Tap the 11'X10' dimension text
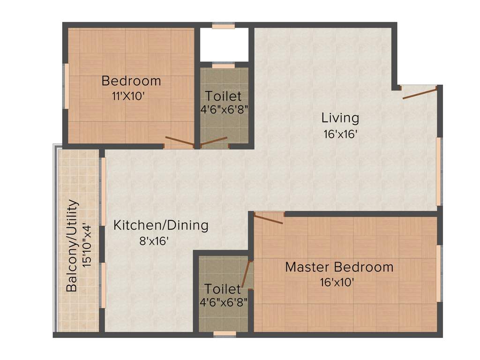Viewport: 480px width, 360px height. click(x=128, y=96)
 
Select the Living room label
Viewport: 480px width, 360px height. click(x=340, y=118)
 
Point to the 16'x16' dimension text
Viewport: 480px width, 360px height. click(x=340, y=134)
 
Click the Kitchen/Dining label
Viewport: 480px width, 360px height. click(x=161, y=225)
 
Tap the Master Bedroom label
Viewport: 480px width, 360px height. click(x=339, y=267)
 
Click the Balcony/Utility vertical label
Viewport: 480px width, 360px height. click(x=72, y=246)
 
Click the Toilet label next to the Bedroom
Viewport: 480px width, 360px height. click(x=224, y=97)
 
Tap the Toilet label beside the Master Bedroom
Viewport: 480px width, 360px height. click(x=223, y=289)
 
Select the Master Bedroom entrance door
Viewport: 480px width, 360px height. click(x=269, y=217)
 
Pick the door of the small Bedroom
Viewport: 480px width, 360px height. click(x=180, y=142)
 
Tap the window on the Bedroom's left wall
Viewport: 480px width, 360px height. click(x=67, y=86)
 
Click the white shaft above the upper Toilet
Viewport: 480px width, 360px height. click(x=224, y=45)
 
